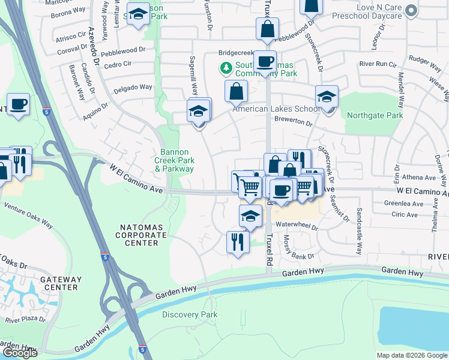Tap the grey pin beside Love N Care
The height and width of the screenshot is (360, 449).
(x=411, y=10)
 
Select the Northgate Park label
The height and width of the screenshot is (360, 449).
(x=377, y=115)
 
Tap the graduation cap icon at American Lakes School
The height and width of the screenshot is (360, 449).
(x=327, y=97)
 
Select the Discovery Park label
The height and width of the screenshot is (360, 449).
(x=190, y=314)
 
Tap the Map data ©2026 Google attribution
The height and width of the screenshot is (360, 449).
(x=412, y=355)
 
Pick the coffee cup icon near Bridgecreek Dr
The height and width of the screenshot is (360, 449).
(x=264, y=61)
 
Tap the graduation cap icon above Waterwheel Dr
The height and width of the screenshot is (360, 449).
(x=250, y=217)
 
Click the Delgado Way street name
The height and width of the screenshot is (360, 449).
(x=133, y=88)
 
